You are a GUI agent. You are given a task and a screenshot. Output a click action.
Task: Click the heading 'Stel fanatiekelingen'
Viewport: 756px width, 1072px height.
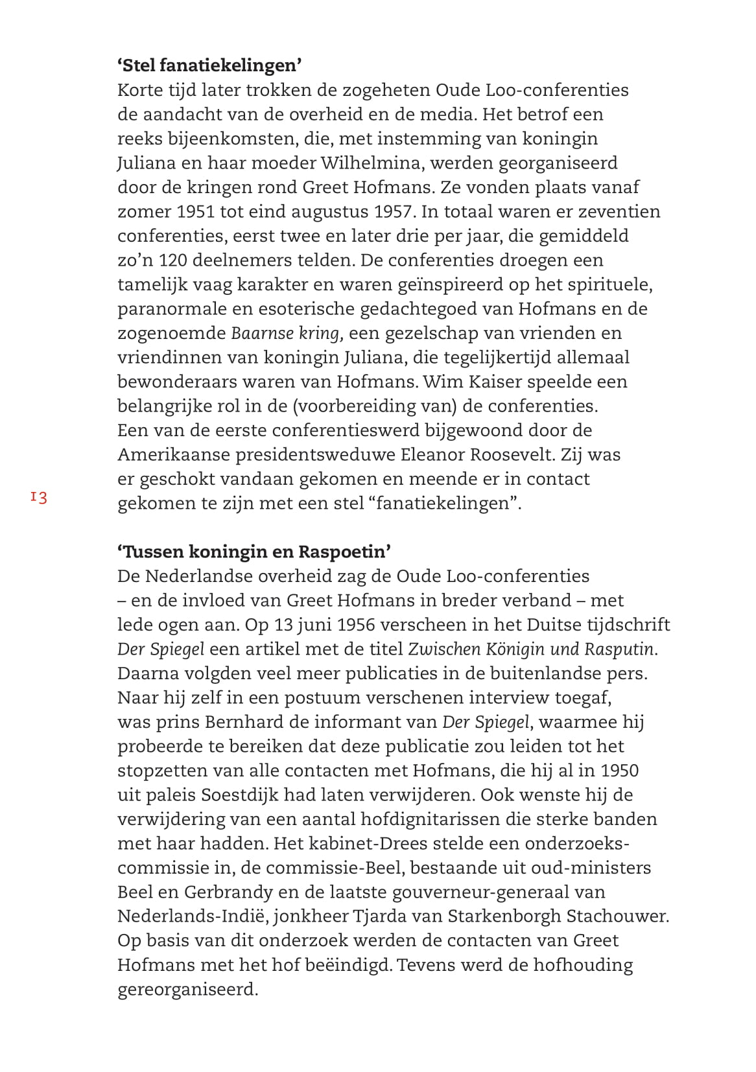[x=210, y=65]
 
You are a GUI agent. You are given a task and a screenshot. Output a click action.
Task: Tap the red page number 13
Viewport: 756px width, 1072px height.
[x=38, y=498]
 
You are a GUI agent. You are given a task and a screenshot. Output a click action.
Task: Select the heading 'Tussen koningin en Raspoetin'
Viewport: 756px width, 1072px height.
[x=254, y=552]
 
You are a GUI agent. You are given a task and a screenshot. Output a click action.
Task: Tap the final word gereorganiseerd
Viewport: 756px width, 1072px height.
[x=187, y=990]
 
